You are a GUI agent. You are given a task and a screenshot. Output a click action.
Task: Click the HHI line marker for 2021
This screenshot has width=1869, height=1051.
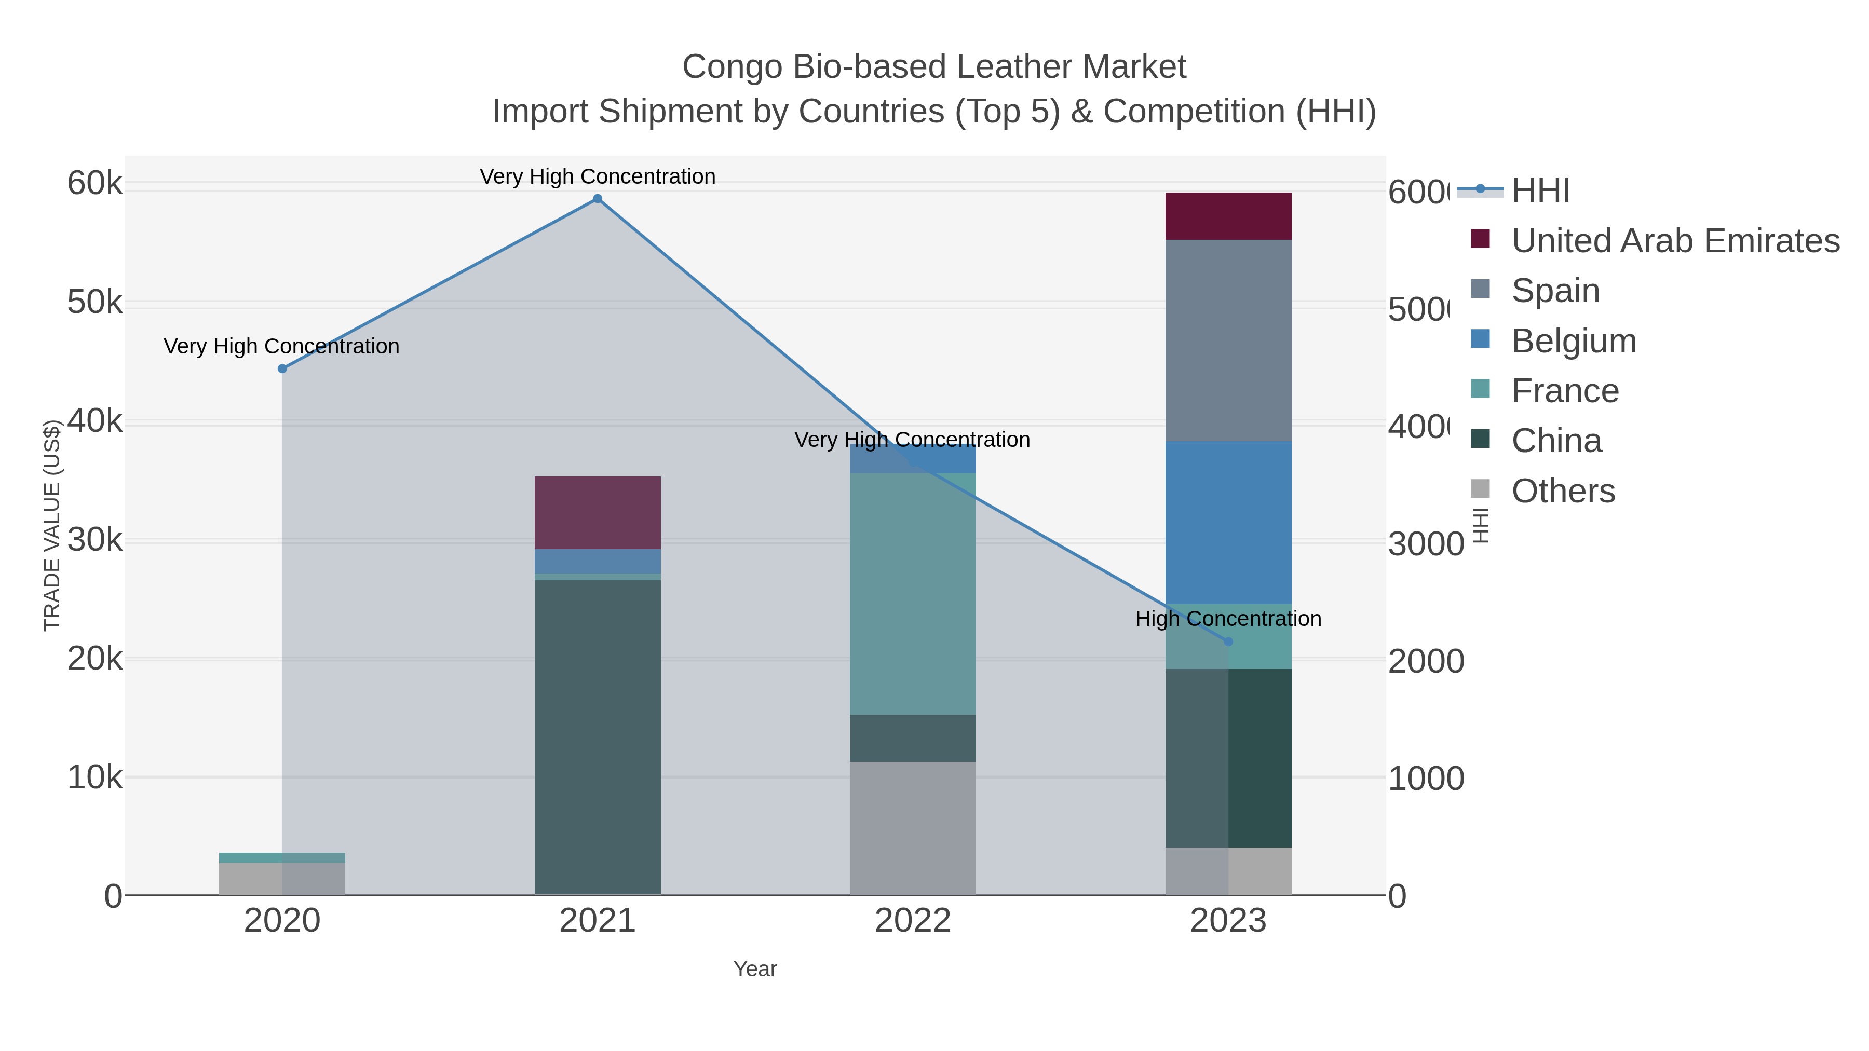pos(597,199)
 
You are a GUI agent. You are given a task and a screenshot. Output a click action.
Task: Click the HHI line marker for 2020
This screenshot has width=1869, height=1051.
pos(282,368)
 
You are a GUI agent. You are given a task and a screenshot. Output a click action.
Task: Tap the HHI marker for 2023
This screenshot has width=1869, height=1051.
pos(1228,641)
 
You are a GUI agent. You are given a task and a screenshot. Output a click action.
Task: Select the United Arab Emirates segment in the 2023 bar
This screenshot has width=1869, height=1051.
pos(1228,216)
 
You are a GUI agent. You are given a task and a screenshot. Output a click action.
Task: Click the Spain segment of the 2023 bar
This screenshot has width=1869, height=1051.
pos(1228,339)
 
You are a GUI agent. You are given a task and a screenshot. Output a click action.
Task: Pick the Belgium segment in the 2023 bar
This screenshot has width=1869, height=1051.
pos(1228,522)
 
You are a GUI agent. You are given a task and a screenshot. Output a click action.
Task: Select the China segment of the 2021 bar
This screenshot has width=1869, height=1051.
pos(597,736)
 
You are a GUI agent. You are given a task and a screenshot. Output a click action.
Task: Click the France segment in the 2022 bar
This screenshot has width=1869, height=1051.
pos(912,593)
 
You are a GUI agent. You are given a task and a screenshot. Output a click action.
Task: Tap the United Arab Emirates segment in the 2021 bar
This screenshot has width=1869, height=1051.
pos(597,512)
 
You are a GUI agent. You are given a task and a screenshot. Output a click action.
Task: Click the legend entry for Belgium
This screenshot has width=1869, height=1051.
pos(1573,341)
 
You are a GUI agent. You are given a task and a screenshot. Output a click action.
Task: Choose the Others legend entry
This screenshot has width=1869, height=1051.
pos(1563,491)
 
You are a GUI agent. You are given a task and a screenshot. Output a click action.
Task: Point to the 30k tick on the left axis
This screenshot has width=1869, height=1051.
pos(95,540)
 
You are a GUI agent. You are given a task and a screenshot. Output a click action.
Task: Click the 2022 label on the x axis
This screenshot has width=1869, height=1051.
pos(912,920)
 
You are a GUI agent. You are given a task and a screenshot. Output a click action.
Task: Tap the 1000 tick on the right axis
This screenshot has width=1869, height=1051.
pos(1426,779)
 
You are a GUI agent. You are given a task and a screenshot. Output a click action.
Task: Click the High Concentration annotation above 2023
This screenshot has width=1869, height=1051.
pos(1228,619)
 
